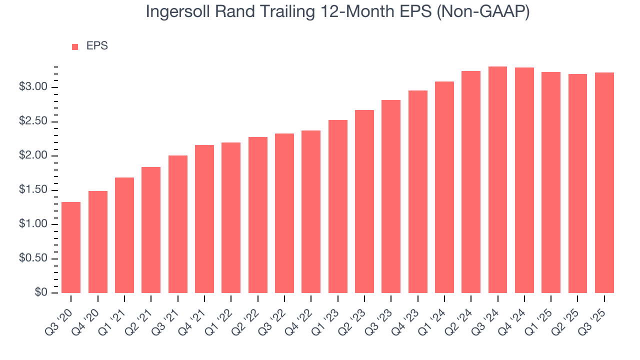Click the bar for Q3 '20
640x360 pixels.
point(71,247)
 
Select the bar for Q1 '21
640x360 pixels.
point(124,235)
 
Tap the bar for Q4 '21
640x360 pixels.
point(204,219)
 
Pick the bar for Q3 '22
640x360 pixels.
point(284,213)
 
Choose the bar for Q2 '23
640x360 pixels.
point(364,201)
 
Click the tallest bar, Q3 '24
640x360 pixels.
point(497,180)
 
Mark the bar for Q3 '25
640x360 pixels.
point(604,183)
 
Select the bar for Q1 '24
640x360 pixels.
point(444,187)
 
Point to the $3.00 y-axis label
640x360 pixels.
point(33,87)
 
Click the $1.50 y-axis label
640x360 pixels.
point(33,190)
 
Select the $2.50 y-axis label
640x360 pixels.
point(33,122)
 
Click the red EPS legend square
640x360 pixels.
point(75,46)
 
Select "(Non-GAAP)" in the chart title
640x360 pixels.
point(483,12)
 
